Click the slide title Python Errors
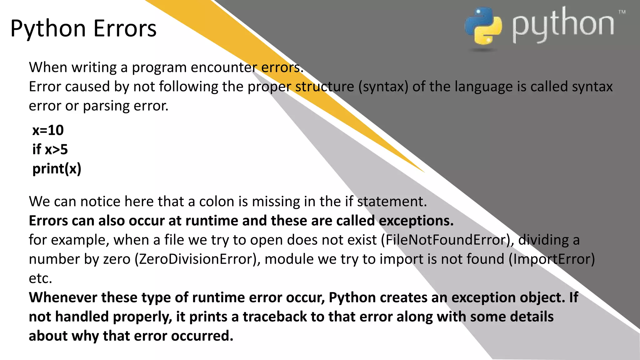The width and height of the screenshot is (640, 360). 83,29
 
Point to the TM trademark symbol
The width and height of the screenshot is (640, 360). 622,12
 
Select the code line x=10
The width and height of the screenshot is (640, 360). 48,130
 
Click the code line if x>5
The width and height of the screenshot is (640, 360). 50,149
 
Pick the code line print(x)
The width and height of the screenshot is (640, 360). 57,169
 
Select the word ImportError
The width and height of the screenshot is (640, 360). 552,259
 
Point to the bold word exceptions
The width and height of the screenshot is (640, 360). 416,221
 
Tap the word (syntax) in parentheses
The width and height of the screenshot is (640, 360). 383,87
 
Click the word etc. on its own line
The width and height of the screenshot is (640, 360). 40,278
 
